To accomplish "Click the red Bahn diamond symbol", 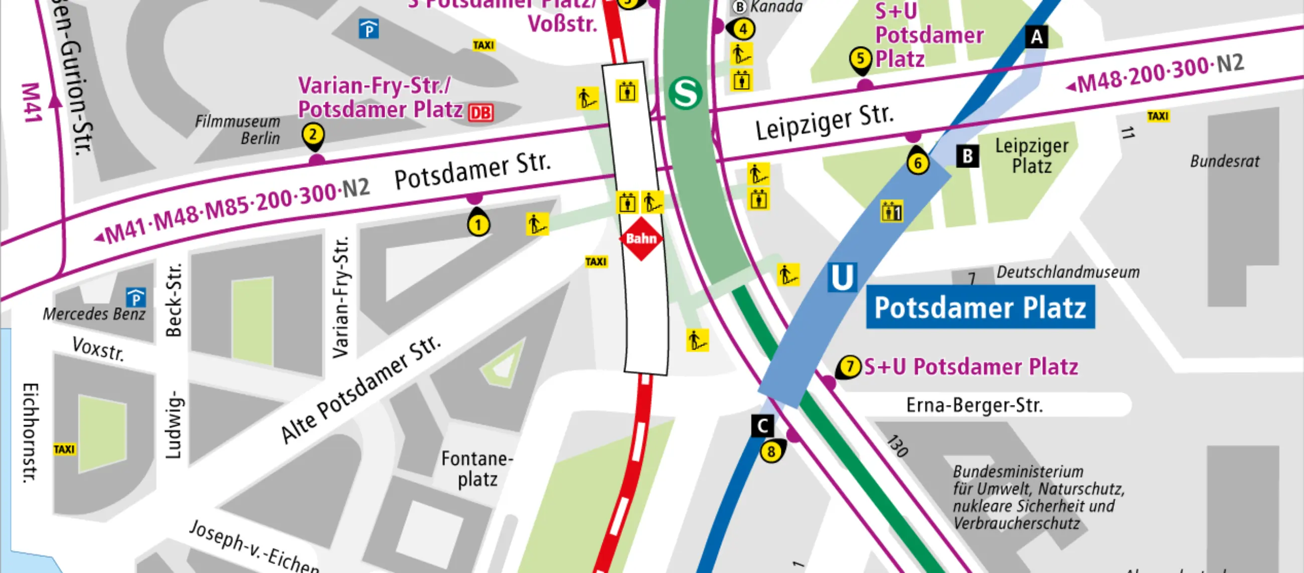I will click(641, 239).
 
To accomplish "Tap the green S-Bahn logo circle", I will click(686, 93).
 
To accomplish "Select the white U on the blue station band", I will click(842, 277).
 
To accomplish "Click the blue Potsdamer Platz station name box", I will click(980, 307).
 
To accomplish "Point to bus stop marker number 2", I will click(313, 135).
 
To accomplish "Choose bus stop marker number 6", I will click(918, 162).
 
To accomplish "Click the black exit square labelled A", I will click(1037, 37).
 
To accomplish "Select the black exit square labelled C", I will click(762, 426).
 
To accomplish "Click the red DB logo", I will click(480, 112).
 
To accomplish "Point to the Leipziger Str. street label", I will click(824, 121).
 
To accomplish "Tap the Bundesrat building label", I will click(1225, 161).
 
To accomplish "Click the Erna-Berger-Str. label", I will click(974, 406).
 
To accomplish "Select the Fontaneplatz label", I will click(477, 469).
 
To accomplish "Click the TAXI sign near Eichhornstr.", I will click(64, 449).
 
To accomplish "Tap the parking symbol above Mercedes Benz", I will click(135, 298).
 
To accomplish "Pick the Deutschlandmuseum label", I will click(1068, 272).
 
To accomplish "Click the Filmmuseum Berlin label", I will click(238, 129).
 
